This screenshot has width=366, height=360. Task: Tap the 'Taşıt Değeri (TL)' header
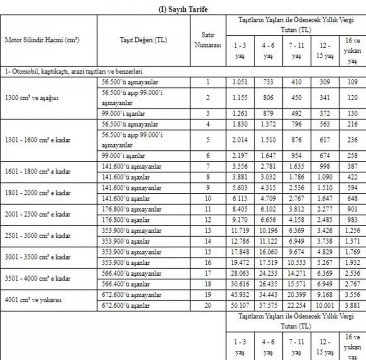[x=143, y=40]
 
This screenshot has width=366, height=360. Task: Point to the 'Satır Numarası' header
[x=208, y=40]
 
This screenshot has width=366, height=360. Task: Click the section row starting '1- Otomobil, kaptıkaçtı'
[x=73, y=72]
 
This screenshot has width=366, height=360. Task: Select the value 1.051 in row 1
[x=240, y=82]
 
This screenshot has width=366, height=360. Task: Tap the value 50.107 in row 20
[x=240, y=305]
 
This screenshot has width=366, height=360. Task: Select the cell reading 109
[x=352, y=82]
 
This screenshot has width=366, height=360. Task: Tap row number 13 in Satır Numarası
[x=208, y=231]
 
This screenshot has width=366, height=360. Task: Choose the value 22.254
[x=296, y=305]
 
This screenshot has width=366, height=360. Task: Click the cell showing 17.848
[x=240, y=252]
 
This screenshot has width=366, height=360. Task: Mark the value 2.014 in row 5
[x=240, y=140]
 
